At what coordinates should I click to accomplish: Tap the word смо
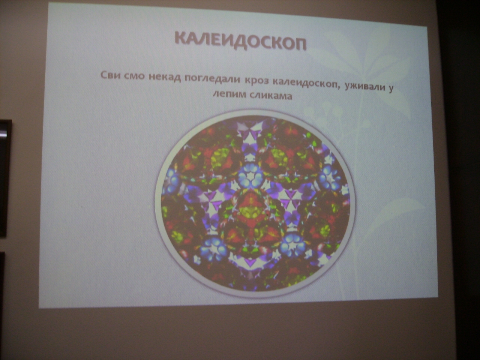pos(135,76)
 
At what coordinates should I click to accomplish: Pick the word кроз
pos(256,81)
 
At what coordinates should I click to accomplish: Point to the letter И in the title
pos(229,41)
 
